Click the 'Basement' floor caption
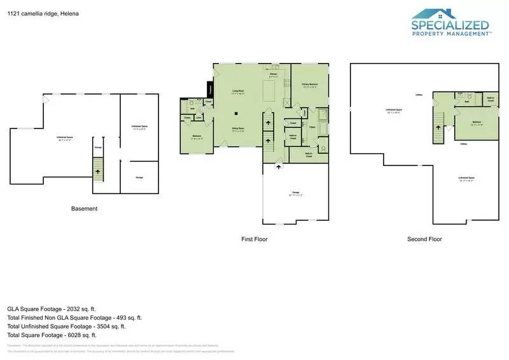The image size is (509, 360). click(84, 209)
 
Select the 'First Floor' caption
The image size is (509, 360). click(254, 239)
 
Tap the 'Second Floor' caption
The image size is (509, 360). click(424, 239)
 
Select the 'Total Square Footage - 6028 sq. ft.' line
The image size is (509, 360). click(52, 335)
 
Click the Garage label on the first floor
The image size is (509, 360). click(295, 192)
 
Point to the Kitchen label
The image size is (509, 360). click(274, 74)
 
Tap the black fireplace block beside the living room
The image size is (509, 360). click(209, 93)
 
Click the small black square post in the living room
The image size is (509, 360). click(236, 114)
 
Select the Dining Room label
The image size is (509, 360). click(239, 129)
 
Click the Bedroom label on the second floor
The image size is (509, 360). click(476, 123)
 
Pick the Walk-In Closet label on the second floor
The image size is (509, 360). click(491, 99)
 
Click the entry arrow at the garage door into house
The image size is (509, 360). click(278, 166)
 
